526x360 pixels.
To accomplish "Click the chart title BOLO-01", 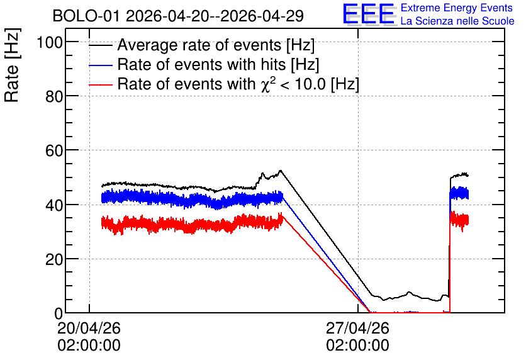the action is click(x=86, y=16).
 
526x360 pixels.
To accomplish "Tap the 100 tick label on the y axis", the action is click(x=50, y=43).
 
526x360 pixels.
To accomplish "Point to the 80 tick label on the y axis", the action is click(x=54, y=97).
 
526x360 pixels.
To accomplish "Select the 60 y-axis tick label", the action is click(x=54, y=151).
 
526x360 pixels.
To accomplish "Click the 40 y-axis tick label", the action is click(x=54, y=205).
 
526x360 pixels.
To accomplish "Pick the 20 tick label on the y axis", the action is click(x=54, y=260).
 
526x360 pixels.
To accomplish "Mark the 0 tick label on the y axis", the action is click(x=59, y=313).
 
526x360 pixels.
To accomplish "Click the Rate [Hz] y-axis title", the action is click(x=12, y=65).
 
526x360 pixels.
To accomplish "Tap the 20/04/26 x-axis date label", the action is click(x=89, y=328).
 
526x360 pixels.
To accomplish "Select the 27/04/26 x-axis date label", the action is click(x=357, y=328).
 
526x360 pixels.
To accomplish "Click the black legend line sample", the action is click(x=101, y=45).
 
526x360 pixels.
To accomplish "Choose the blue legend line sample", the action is click(x=101, y=65).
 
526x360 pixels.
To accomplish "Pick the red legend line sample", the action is click(x=101, y=85).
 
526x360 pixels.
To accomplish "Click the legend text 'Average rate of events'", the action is click(x=199, y=45).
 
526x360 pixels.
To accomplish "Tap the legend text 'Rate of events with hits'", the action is click(x=201, y=64).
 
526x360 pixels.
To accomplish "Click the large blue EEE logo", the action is click(x=369, y=14).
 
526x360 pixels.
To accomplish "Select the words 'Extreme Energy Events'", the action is click(x=457, y=8).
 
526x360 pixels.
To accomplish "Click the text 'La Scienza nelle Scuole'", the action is click(x=457, y=21).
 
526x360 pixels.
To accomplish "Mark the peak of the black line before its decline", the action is click(x=281, y=171).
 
